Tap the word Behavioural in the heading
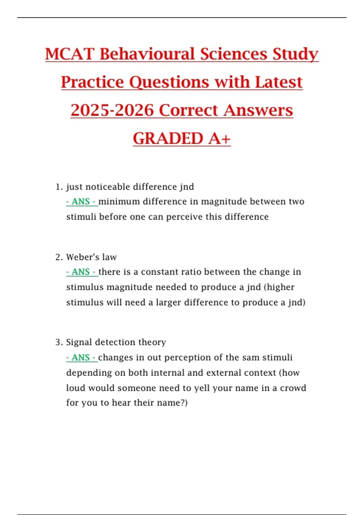(147, 54)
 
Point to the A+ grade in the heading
(220, 138)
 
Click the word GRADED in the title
(168, 138)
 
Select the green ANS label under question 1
(81, 202)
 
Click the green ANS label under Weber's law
(81, 272)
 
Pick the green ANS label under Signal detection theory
(81, 357)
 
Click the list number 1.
(59, 187)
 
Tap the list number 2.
(59, 257)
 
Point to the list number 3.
(59, 342)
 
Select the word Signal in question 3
(79, 342)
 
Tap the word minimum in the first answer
(119, 202)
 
